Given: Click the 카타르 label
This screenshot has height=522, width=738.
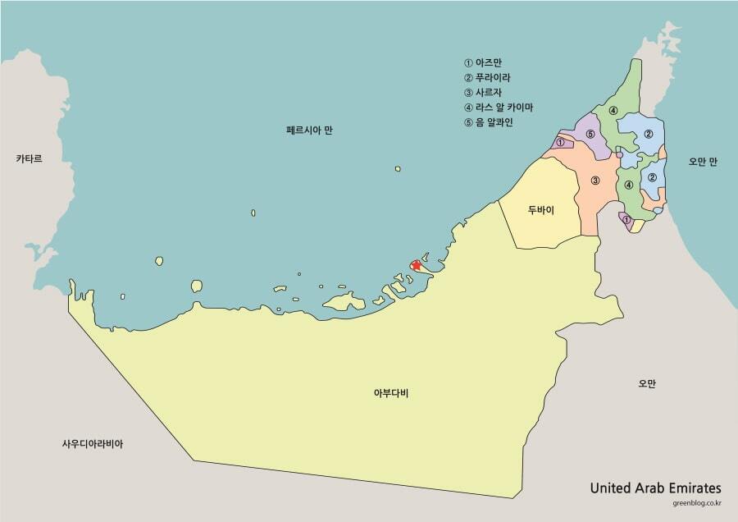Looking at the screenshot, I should (x=29, y=158).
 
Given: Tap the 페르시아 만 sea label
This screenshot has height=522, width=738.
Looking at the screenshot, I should (x=309, y=130).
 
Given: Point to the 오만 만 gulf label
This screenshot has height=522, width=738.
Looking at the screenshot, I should (x=703, y=162).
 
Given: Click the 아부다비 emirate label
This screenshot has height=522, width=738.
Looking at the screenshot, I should (x=390, y=393).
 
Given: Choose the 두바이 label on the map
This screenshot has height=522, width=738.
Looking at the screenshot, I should (x=540, y=210).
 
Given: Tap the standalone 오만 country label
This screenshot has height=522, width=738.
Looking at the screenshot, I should (x=647, y=383).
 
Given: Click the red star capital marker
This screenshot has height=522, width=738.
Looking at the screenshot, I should (x=417, y=265).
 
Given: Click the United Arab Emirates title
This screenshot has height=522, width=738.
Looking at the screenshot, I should (x=655, y=487).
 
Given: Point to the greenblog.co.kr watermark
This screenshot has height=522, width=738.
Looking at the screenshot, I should (x=696, y=504).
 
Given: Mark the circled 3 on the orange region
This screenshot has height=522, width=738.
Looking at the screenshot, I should (x=595, y=181).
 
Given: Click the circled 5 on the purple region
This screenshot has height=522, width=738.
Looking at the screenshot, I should (x=590, y=134).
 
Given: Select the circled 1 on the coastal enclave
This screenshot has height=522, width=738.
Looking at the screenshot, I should (x=560, y=143).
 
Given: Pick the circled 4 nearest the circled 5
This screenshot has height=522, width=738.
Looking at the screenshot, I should (x=613, y=111).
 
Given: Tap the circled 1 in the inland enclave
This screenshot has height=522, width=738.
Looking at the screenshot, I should (x=626, y=219).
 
